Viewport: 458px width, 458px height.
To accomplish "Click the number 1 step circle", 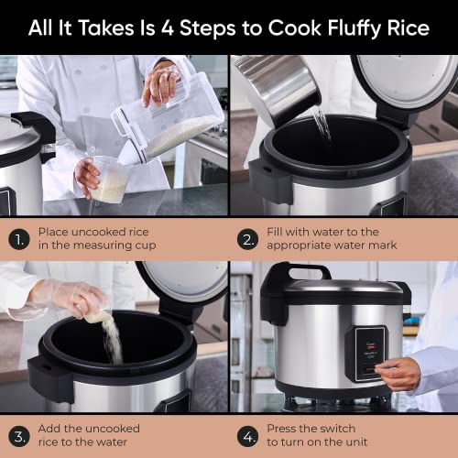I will pyautogui.click(x=19, y=239).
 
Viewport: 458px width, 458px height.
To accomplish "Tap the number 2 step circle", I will pyautogui.click(x=248, y=239).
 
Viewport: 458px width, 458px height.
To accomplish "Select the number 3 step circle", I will pyautogui.click(x=19, y=434).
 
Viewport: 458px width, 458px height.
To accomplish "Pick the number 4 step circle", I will pyautogui.click(x=248, y=434).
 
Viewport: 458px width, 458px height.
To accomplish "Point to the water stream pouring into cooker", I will pyautogui.click(x=321, y=123).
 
